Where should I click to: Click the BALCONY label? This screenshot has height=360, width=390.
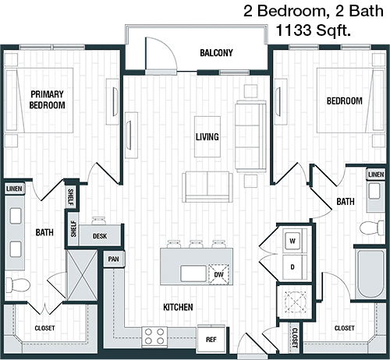216,53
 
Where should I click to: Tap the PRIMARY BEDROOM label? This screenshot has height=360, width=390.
47,100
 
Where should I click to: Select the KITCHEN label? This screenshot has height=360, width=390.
178,307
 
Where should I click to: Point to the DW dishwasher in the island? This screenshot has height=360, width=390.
218,274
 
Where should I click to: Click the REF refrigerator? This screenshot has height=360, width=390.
211,338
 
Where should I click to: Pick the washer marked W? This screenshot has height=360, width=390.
292,241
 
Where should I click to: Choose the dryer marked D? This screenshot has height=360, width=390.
292,267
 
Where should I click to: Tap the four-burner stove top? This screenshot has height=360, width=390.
154,337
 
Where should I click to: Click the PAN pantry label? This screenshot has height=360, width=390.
114,259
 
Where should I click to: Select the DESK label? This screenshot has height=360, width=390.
100,236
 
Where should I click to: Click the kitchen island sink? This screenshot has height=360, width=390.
193,274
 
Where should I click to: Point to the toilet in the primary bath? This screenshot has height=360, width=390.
17,285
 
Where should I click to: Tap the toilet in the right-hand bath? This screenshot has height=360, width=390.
372,228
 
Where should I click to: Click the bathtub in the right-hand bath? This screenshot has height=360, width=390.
370,274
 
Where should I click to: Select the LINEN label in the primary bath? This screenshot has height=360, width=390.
14,189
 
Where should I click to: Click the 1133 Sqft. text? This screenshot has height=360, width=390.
313,30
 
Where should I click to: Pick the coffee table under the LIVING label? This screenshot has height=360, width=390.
207,136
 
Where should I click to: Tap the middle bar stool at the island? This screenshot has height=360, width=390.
196,244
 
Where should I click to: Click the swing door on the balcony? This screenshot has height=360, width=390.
161,54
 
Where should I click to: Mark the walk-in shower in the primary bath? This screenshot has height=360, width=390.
82,275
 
